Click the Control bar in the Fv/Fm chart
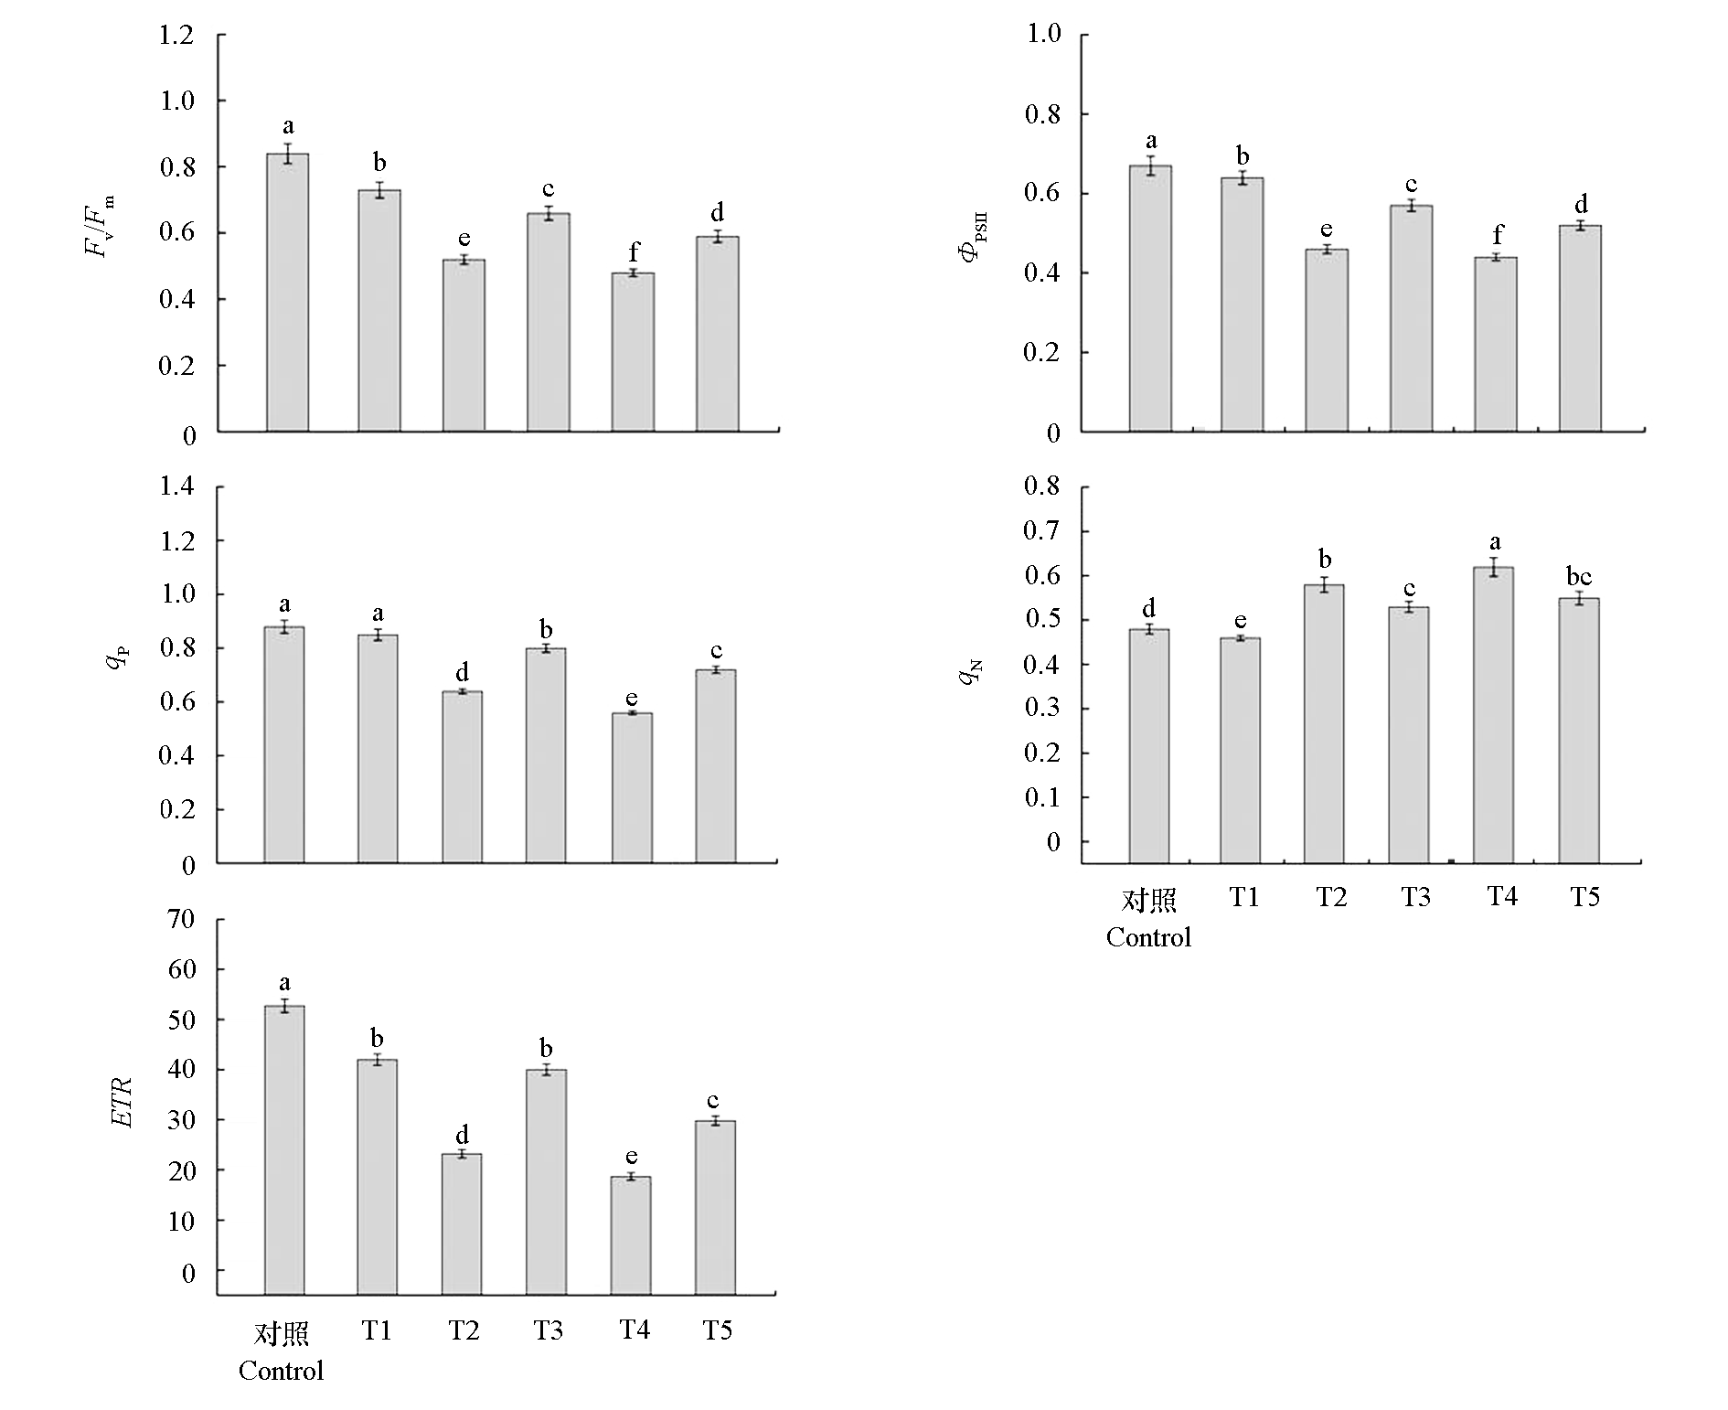pos(287,293)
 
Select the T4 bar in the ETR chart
pos(631,1235)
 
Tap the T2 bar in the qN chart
pos(1324,723)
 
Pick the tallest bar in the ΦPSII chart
pos(1150,298)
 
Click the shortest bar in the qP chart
pos(632,787)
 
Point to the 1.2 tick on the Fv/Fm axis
pos(177,36)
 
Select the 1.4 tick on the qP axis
pos(177,486)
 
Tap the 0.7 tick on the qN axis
pos(1042,531)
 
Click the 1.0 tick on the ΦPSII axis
pos(1043,35)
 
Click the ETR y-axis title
pos(123,1103)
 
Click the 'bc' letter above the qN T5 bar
pos(1579,577)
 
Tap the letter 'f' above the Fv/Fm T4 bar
pos(634,251)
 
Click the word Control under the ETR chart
pos(281,1371)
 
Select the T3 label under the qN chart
pos(1415,897)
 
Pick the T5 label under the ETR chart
pos(717,1330)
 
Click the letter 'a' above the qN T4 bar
pos(1495,543)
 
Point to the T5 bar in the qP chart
pos(716,765)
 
